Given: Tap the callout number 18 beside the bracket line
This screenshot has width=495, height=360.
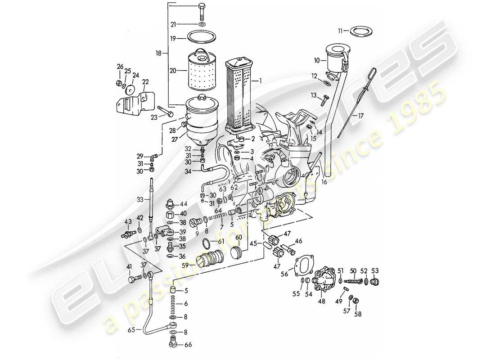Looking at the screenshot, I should (x=158, y=53).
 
